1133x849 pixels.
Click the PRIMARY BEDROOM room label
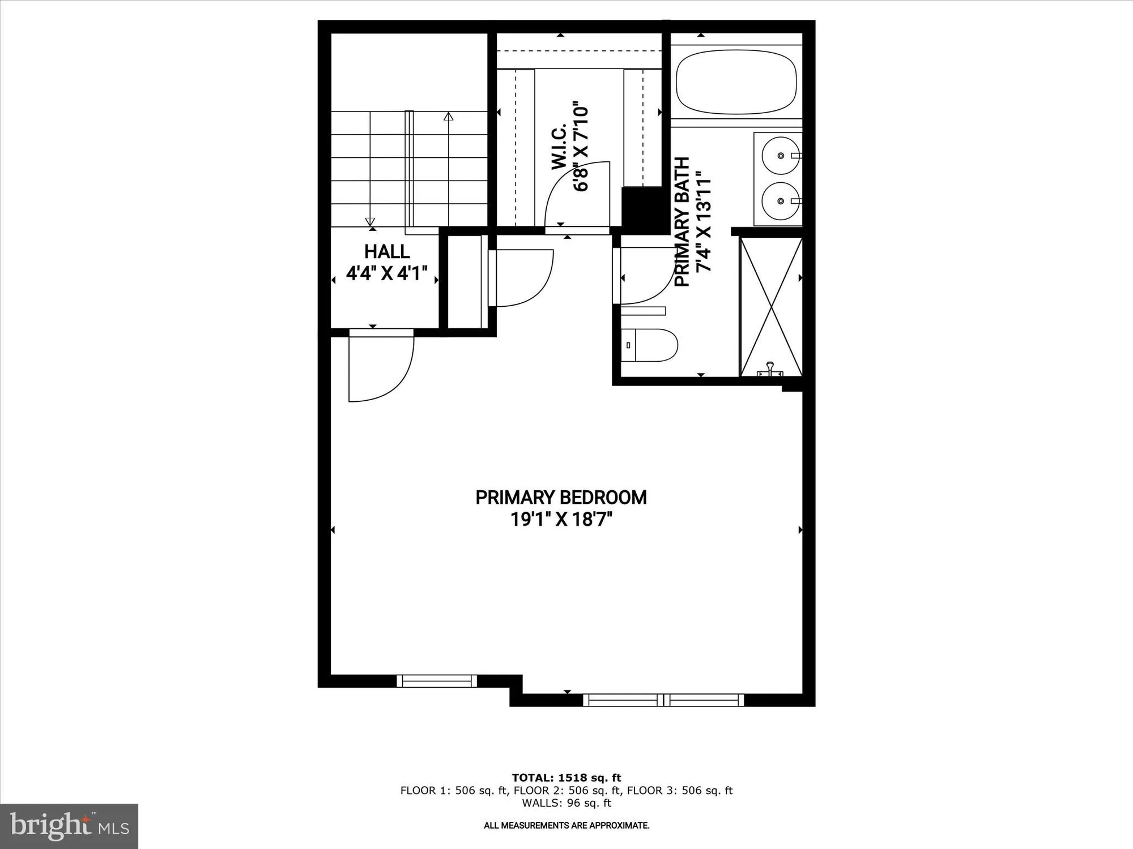[x=561, y=498]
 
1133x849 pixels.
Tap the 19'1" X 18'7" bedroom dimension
[x=561, y=519]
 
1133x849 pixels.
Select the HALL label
[x=387, y=251]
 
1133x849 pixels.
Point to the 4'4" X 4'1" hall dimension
[x=387, y=274]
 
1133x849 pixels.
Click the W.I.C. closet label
[x=559, y=147]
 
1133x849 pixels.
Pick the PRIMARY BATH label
[x=682, y=221]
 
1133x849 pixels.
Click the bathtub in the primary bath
[x=736, y=82]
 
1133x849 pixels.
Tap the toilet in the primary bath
[x=651, y=345]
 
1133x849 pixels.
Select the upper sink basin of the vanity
[x=781, y=155]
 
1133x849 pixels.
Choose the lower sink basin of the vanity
[x=781, y=201]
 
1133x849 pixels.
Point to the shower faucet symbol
[x=770, y=370]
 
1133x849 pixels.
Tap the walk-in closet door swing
[x=575, y=195]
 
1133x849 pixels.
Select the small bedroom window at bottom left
[x=437, y=681]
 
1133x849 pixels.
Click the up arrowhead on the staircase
[x=449, y=117]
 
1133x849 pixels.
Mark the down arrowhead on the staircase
[x=370, y=221]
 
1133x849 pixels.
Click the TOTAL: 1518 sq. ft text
[x=566, y=778]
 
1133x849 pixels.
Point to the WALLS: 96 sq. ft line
[x=566, y=803]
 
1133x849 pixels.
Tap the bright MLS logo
[x=69, y=826]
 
